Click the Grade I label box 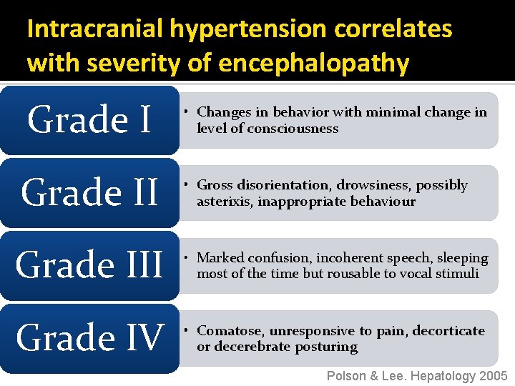(x=89, y=120)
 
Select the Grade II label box (x=89, y=192)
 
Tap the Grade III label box (x=89, y=265)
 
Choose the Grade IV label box (x=89, y=337)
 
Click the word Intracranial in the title (x=96, y=29)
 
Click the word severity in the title (x=143, y=63)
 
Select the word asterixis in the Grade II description (x=225, y=202)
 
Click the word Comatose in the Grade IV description (x=230, y=330)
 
